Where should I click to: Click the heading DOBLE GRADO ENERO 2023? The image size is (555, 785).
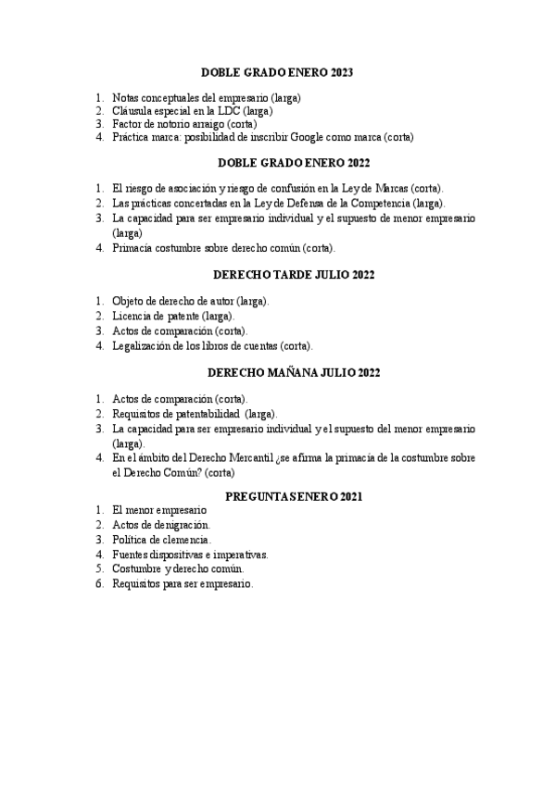277,72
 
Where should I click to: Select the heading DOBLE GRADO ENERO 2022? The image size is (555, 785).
277,163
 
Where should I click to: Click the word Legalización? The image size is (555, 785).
144,345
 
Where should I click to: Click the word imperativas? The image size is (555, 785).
239,554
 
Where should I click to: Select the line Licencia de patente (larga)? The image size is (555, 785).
172,316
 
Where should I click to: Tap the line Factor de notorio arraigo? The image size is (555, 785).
185,123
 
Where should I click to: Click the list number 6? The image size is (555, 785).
98,584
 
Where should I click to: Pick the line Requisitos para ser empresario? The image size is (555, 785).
183,584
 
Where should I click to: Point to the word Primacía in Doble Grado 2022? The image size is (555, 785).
133,248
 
